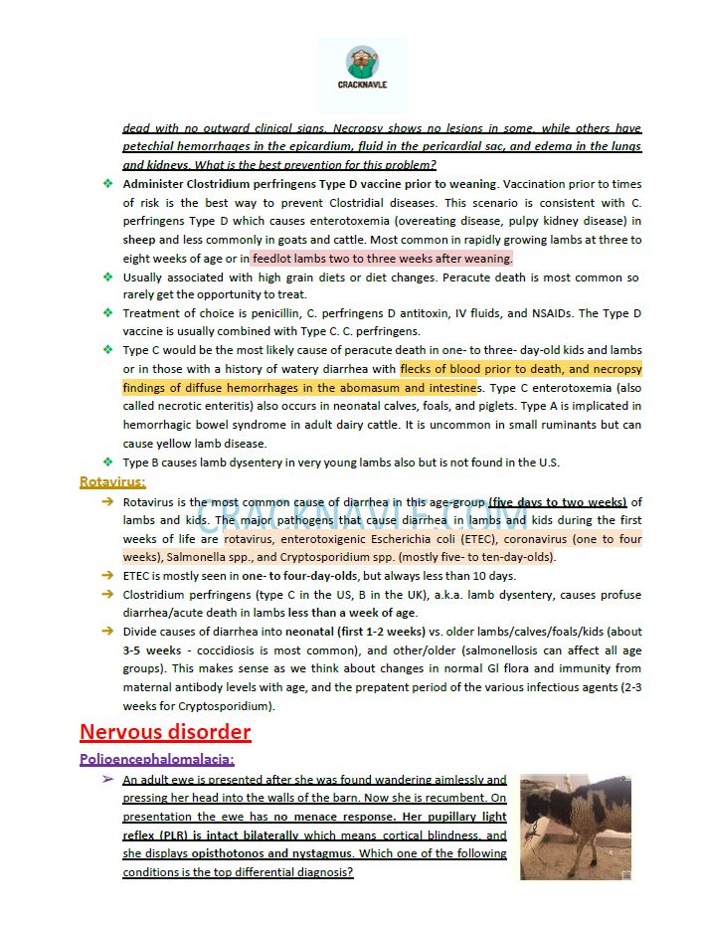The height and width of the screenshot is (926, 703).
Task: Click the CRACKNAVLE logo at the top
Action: coord(361,71)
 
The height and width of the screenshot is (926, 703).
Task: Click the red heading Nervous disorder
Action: coord(165,733)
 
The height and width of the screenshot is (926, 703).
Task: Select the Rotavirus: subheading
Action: coord(112,482)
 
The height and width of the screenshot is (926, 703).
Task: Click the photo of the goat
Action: coord(575,827)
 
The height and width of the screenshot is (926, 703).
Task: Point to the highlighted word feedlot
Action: coord(273,259)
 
